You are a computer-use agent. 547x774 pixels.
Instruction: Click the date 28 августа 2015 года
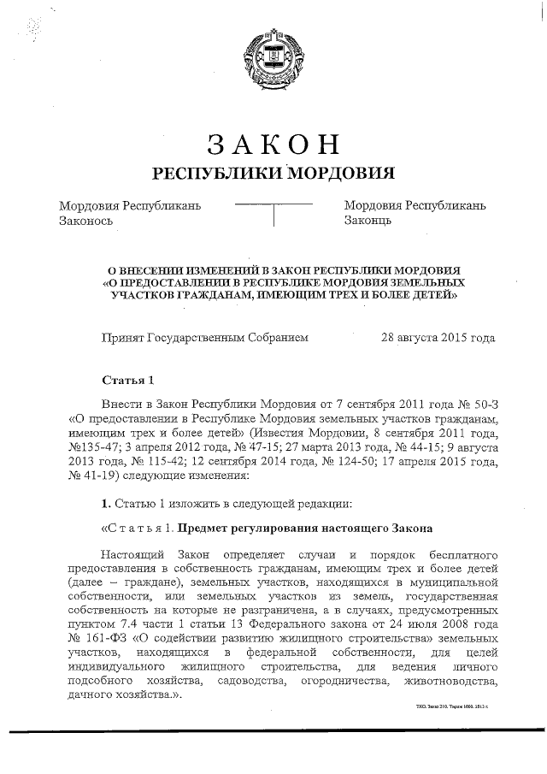438,337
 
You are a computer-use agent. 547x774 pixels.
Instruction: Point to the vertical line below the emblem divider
273,215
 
